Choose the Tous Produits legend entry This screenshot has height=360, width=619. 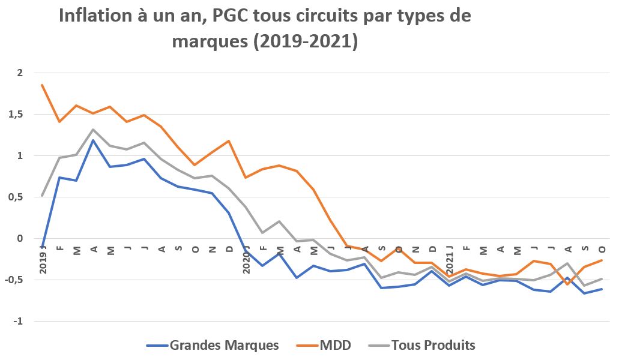(x=433, y=345)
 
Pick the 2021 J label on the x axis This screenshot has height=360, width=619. (x=449, y=259)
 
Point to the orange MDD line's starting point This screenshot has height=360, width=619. (x=42, y=85)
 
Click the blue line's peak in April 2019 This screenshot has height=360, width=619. (x=93, y=140)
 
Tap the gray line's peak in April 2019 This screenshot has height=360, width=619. (x=93, y=130)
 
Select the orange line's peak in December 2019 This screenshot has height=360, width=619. (x=229, y=141)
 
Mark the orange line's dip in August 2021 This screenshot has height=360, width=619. (x=567, y=284)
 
